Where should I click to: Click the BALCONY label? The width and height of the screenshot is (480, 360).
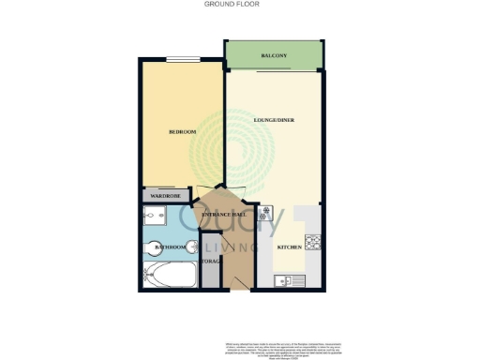275,57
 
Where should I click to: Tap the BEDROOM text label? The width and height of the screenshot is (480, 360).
182,132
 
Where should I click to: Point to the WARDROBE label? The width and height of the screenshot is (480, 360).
164,197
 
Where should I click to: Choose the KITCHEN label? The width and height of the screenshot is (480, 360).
290,247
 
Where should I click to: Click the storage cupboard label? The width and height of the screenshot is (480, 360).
211,262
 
